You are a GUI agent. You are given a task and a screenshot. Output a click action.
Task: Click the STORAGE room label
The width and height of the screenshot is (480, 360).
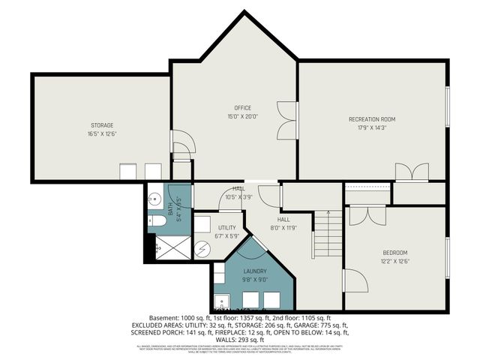pyautogui.click(x=102, y=124)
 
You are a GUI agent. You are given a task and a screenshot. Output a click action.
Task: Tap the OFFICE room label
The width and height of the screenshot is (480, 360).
pyautogui.click(x=242, y=108)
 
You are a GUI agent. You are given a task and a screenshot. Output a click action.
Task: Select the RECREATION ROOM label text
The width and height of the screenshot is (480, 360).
pyautogui.click(x=371, y=119)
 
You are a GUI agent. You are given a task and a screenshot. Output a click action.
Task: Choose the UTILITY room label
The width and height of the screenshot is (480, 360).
pyautogui.click(x=227, y=227)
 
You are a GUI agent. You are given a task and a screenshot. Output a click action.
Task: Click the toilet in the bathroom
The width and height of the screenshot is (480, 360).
pyautogui.click(x=157, y=220)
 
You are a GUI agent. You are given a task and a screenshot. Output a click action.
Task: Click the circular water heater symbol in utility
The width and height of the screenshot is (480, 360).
pyautogui.click(x=203, y=249)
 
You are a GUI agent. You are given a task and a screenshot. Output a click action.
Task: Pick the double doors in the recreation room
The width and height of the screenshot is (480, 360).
pyautogui.click(x=406, y=172)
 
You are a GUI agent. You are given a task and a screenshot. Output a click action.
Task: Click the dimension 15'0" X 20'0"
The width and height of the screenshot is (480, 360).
pyautogui.click(x=242, y=116)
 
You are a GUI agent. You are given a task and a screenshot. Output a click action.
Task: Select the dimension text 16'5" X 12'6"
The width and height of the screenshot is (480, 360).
pyautogui.click(x=102, y=133)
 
